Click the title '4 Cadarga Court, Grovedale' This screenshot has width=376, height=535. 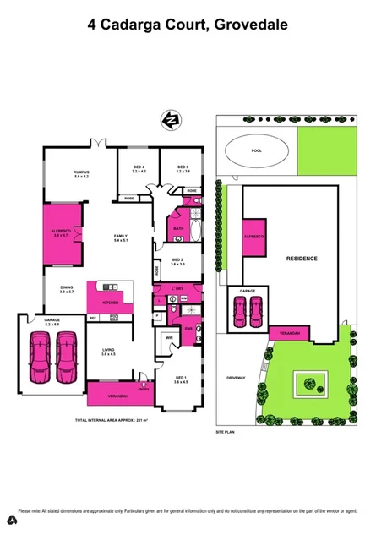pos(188,25)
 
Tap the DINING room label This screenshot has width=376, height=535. pos(67,288)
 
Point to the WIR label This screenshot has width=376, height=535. pos(169,340)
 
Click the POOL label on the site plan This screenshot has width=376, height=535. pos(257,151)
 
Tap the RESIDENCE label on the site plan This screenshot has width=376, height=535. pos(302,258)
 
